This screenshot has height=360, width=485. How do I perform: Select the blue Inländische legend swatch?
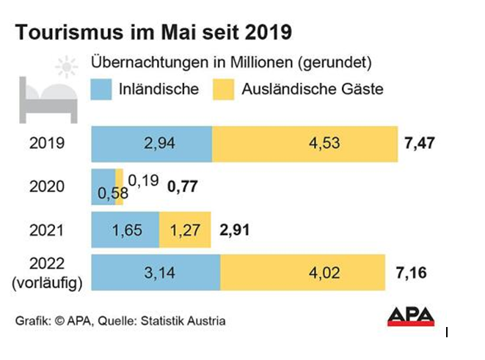pos(101,89)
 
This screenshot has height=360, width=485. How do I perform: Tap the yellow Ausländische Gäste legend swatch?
pos(223,89)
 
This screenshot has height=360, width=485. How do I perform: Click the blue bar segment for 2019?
pos(151,143)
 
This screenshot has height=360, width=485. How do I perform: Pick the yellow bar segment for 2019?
pos(305,143)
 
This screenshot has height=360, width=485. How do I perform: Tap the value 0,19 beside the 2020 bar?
pos(142,179)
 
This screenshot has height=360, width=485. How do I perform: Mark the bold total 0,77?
pos(183,186)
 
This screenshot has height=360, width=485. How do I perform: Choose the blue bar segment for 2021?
pos(125,230)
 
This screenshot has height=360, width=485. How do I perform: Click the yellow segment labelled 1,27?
pos(185,230)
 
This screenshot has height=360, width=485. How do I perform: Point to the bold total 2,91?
pos(235,230)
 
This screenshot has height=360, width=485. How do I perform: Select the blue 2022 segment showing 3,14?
pos(155,274)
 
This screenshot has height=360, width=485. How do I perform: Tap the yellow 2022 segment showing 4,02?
pos(302,274)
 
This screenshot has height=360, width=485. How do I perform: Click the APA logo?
pos(411,316)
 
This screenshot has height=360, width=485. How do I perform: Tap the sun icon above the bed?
pos(69,68)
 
